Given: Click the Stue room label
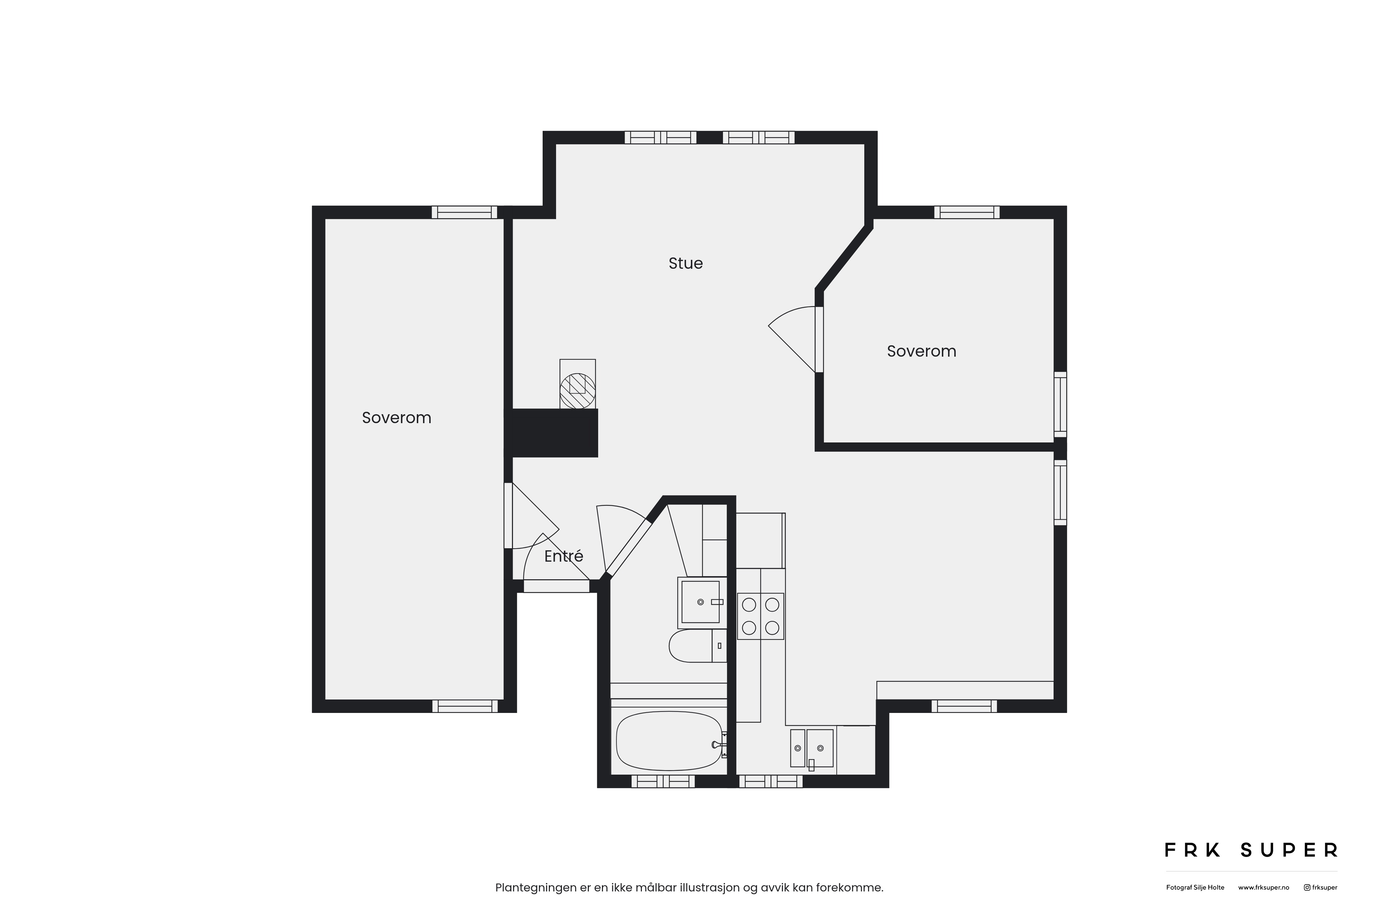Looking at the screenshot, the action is [685, 263].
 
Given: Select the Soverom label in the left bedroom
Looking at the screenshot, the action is [396, 418].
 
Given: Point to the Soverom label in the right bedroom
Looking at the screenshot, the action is [921, 351].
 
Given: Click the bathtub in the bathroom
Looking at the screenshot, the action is [669, 741].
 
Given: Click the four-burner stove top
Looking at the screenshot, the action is [761, 616].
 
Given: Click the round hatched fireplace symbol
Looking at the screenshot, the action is [577, 391].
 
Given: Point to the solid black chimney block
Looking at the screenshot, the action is [552, 433].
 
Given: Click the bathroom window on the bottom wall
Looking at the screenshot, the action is [663, 781].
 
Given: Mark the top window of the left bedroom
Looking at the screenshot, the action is [464, 212].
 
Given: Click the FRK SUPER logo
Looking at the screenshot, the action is [1251, 850].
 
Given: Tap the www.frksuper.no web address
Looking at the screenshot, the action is [1264, 887].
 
